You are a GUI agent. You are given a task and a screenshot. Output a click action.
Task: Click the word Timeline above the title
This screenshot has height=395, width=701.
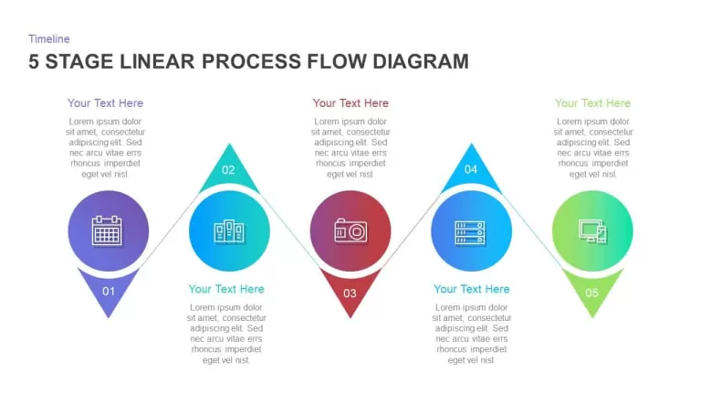(49, 39)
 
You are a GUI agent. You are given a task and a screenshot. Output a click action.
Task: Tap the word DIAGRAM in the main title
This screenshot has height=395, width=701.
(421, 61)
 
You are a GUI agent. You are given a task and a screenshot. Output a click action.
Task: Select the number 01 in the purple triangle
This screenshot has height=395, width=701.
(109, 292)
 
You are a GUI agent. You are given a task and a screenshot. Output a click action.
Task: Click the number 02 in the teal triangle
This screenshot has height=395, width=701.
(228, 170)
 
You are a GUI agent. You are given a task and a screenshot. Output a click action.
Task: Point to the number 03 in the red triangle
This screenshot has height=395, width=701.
(350, 294)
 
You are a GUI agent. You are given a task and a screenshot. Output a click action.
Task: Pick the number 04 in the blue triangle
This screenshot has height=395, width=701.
(471, 169)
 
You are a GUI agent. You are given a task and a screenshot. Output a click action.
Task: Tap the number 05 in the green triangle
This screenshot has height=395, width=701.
(591, 293)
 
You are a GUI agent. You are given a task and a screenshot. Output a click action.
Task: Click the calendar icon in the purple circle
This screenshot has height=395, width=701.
(107, 230)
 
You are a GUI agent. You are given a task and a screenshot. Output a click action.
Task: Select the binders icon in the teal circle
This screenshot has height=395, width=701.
(229, 231)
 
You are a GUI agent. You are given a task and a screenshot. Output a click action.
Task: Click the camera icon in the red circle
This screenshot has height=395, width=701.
(350, 230)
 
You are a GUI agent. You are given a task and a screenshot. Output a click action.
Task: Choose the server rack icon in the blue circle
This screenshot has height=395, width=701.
(470, 233)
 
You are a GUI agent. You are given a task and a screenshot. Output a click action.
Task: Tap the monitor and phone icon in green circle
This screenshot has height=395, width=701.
(592, 231)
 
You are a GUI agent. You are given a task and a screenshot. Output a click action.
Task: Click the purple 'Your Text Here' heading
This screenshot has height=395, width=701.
(106, 103)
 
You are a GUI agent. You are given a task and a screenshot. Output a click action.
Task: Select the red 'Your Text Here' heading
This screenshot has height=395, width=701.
(350, 103)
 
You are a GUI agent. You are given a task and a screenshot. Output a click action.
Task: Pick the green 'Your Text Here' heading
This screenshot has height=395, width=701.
(592, 103)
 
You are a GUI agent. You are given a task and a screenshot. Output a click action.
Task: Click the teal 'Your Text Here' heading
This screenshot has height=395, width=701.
(226, 289)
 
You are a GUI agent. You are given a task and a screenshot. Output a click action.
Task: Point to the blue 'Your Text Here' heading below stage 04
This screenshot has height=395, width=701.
(472, 289)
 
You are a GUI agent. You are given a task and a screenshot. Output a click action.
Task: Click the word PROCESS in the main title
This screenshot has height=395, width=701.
(252, 61)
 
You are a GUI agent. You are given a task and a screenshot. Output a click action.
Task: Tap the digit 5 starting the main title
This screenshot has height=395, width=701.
(34, 61)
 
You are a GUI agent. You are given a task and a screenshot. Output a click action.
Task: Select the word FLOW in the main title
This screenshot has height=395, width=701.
(337, 61)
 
